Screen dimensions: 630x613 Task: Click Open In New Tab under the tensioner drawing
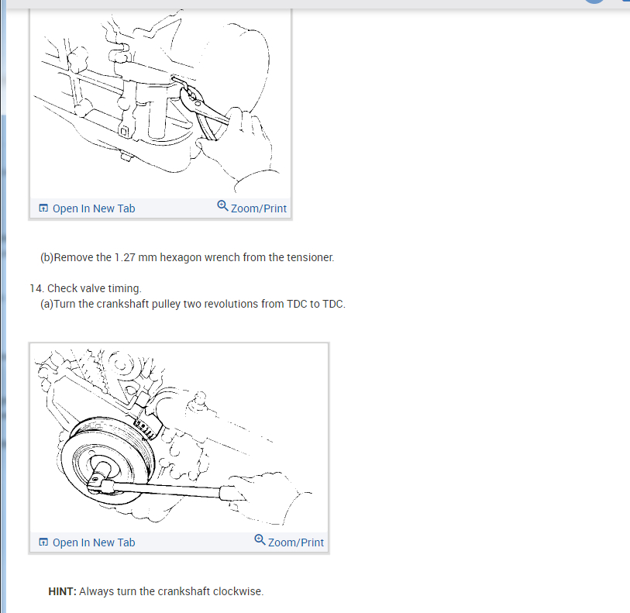(94, 208)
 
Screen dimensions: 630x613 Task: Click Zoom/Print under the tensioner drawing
(259, 208)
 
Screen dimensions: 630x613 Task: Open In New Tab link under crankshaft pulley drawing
(94, 542)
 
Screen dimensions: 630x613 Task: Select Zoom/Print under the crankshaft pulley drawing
(296, 542)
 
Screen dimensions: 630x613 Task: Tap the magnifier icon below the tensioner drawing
(222, 205)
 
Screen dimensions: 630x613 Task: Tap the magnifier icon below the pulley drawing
(260, 539)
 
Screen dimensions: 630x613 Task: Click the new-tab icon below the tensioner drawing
(43, 208)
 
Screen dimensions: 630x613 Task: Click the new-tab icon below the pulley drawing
(43, 542)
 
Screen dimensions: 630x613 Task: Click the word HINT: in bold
(62, 591)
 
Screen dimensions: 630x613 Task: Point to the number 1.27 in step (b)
(125, 257)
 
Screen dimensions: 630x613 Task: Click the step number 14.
(36, 288)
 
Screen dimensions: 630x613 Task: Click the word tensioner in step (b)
(310, 257)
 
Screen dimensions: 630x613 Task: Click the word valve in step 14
(95, 288)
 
